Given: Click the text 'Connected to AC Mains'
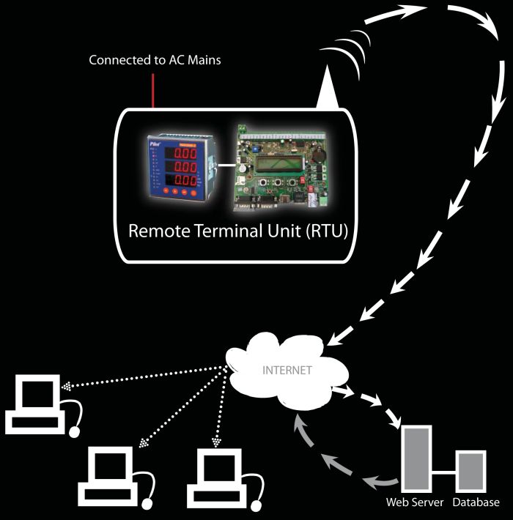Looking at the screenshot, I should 155,60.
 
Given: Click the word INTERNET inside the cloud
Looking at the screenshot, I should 287,371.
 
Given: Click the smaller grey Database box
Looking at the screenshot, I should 471,471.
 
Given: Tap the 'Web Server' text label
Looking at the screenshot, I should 414,503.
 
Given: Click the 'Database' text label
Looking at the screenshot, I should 476,503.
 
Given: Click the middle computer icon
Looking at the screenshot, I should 114,477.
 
